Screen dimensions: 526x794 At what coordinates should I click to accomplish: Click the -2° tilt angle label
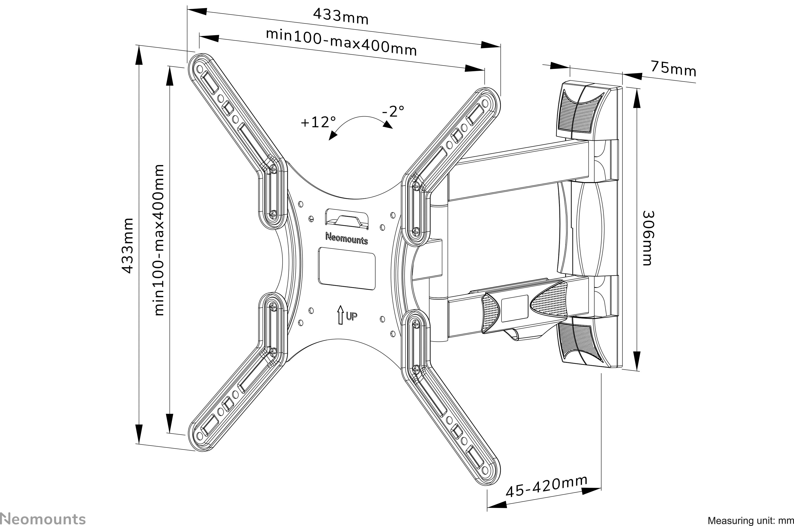393,111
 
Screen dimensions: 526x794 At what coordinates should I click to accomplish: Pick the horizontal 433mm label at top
341,16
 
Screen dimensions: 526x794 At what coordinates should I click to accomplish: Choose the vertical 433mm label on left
128,246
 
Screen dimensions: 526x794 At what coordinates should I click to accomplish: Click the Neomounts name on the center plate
347,239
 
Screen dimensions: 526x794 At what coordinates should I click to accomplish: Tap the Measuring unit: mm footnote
750,521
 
